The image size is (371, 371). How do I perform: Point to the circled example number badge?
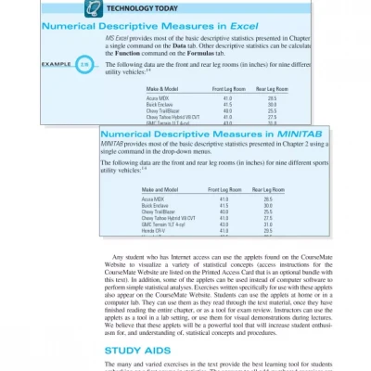84,64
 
